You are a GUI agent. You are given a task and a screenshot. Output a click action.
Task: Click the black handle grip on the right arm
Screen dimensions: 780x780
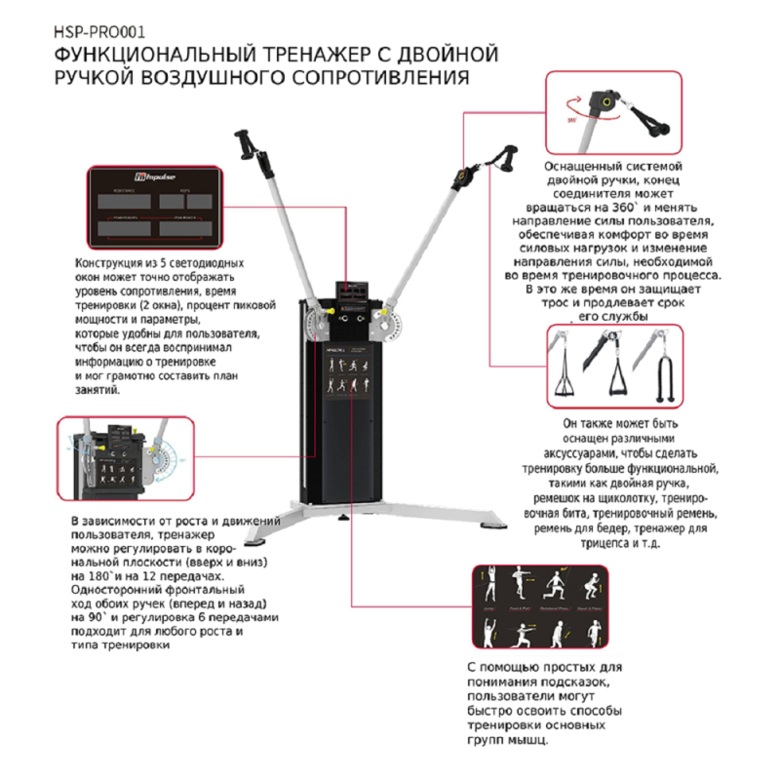pyautogui.click(x=509, y=156)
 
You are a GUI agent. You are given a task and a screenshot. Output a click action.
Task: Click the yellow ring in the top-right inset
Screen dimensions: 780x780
pyautogui.click(x=609, y=101)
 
